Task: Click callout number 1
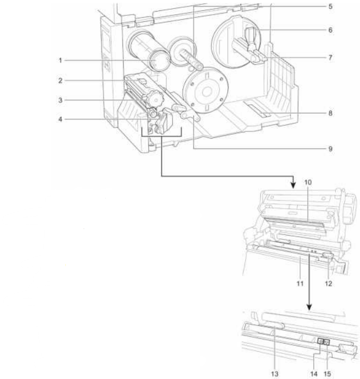[x=60, y=61]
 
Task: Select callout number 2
[x=60, y=81]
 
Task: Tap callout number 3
[x=60, y=100]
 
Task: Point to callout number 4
[x=60, y=119]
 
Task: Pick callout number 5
[x=330, y=7]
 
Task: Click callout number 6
[x=330, y=30]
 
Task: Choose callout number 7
[x=330, y=58]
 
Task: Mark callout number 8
[x=330, y=113]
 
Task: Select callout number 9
[x=330, y=149]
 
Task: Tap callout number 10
[x=308, y=182]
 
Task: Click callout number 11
[x=300, y=284]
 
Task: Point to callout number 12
[x=328, y=284]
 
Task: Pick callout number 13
[x=275, y=374]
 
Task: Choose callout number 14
[x=314, y=374]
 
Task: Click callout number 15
[x=327, y=374]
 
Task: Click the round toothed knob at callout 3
[x=154, y=99]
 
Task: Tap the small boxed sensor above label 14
[x=320, y=342]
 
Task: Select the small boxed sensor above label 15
[x=327, y=342]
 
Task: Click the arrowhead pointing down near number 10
[x=293, y=185]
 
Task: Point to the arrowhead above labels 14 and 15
[x=309, y=307]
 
